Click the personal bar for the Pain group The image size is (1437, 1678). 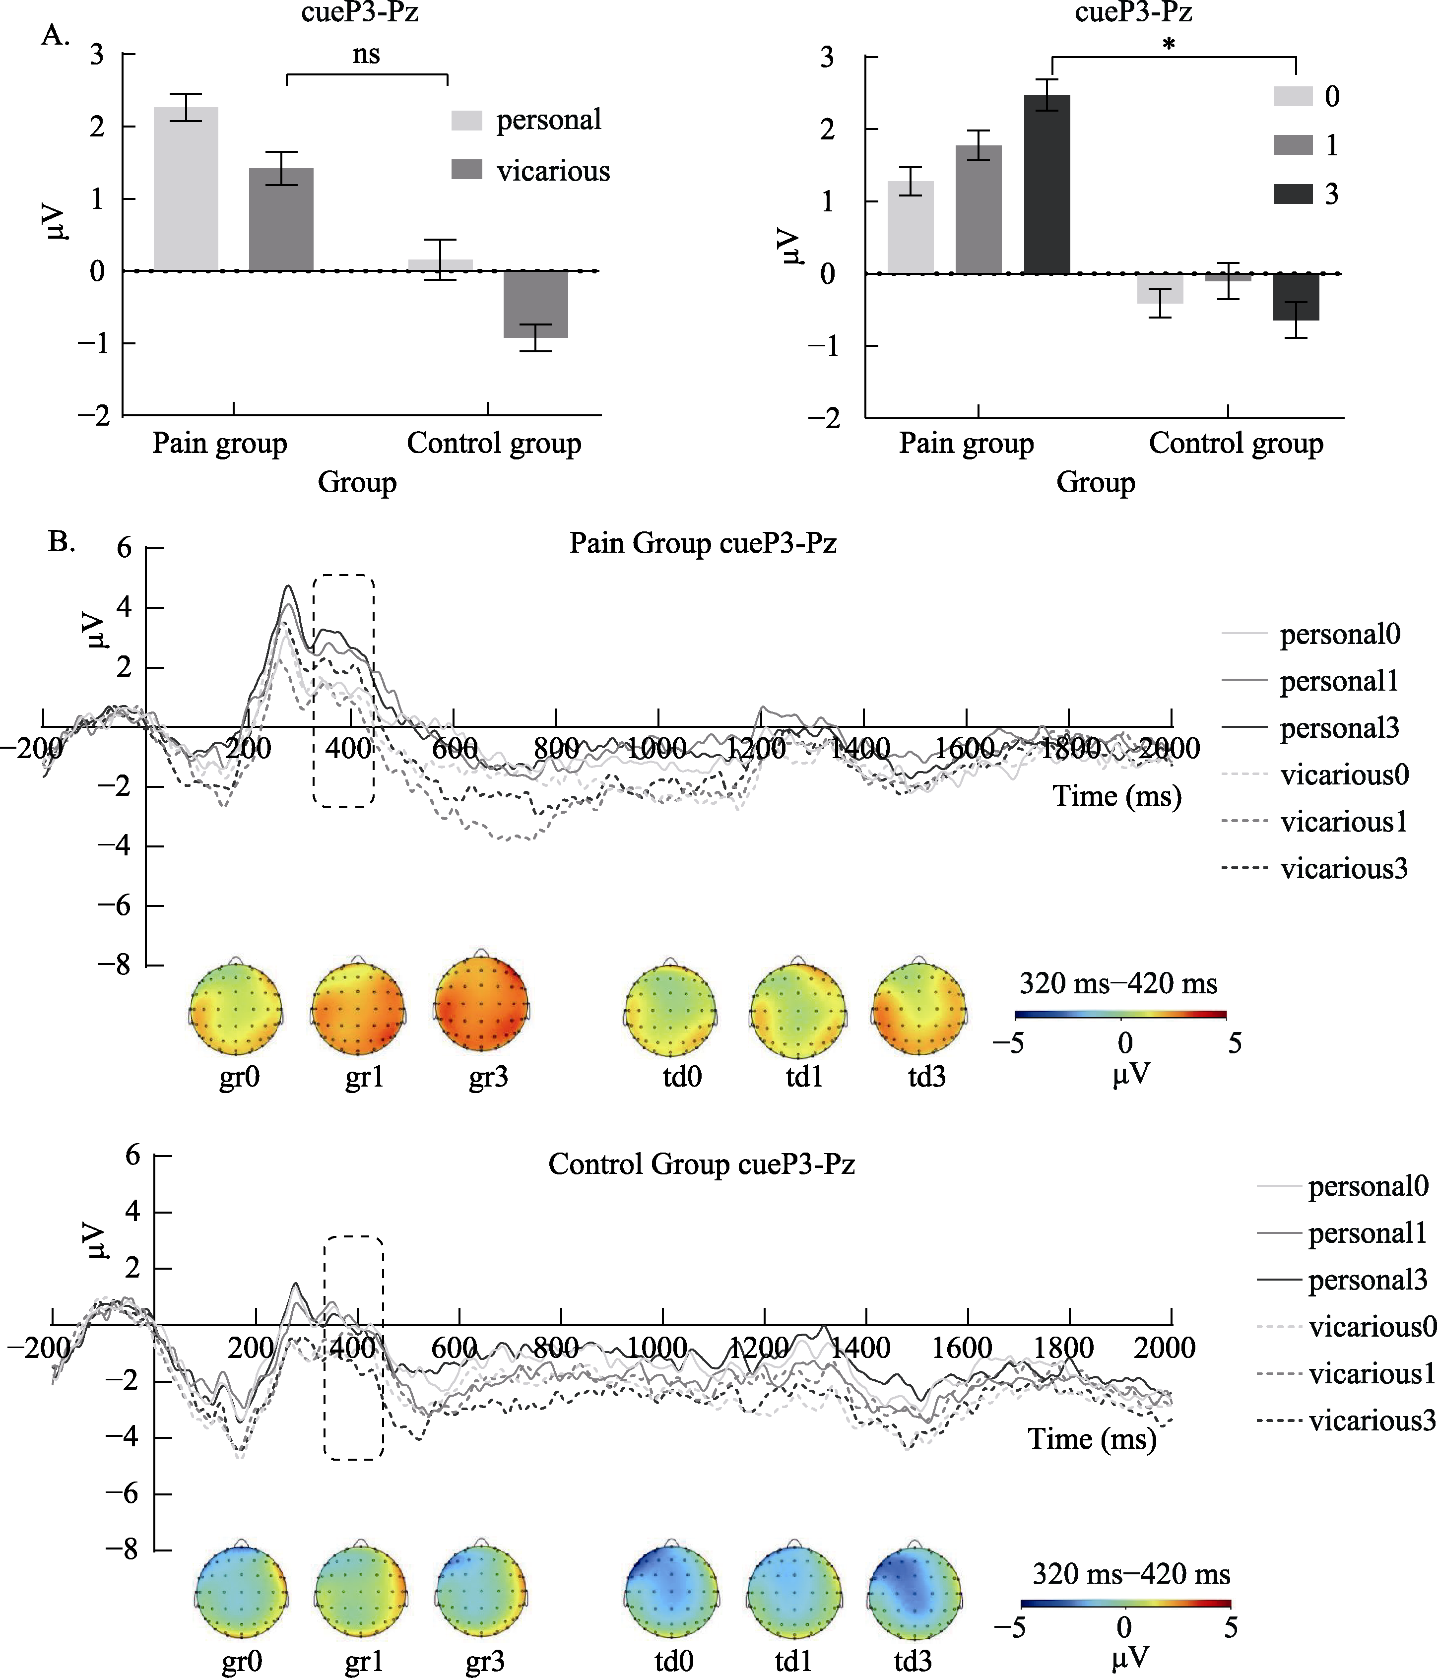186,189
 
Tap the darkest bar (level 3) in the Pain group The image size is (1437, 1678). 1046,185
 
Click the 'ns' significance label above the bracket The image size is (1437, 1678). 366,54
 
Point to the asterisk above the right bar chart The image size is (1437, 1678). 1168,45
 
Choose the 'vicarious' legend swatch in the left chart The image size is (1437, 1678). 466,170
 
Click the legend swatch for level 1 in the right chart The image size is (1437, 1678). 1292,145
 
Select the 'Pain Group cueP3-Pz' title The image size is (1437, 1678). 702,543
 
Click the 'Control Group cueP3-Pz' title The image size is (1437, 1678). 702,1164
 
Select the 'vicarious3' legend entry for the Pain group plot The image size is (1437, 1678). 1344,869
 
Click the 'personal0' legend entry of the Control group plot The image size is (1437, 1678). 1368,1186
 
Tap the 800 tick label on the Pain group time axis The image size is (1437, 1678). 556,748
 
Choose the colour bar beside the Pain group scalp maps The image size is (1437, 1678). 1120,1014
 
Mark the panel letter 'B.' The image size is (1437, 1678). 62,541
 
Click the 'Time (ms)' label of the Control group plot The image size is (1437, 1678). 1092,1439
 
